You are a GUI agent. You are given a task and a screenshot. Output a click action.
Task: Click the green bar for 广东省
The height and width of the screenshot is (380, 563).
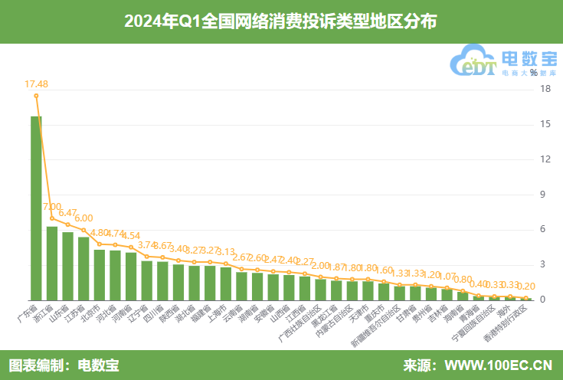(36, 208)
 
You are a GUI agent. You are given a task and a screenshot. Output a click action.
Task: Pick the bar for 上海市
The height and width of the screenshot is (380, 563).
(226, 283)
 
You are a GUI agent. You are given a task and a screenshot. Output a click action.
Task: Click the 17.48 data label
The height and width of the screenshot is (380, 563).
(36, 84)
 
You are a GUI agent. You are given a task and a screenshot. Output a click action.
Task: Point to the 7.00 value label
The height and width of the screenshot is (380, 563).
(52, 207)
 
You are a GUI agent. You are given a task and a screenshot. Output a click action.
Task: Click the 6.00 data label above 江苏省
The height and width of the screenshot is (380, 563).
(83, 218)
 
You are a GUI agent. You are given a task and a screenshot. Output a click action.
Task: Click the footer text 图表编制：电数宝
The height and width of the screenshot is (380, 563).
(64, 365)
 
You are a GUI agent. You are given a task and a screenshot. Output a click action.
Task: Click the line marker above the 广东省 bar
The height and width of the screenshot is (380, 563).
(36, 96)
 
